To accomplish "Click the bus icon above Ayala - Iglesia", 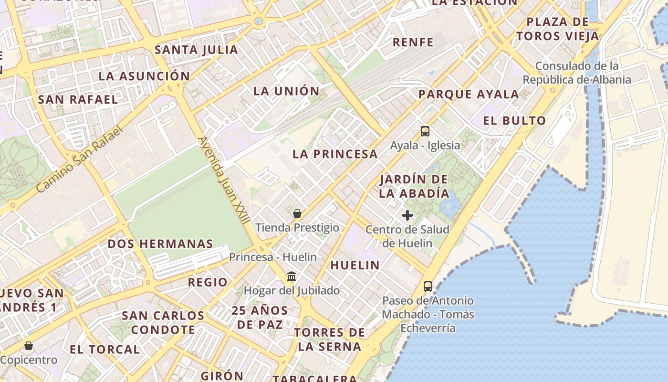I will pos(425,131).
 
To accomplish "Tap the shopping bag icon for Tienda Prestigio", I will pos(297,213).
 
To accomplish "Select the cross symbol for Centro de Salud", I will pos(407,215).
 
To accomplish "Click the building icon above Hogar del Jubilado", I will pos(292,276).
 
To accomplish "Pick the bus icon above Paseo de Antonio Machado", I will pos(428,286).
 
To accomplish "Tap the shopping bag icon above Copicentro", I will pos(29,345).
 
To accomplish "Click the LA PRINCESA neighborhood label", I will pos(335,154).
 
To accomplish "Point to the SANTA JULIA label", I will pos(196,50).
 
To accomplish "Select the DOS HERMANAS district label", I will pos(160,244).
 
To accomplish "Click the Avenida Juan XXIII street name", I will pos(224,180).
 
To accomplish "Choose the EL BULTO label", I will pos(514,120).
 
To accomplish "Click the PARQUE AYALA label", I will pos(469,94).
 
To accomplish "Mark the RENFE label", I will pos(413,42).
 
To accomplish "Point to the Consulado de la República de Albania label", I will pos(577,73).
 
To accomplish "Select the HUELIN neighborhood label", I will pos(355,265).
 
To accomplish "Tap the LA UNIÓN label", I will pos(286,91).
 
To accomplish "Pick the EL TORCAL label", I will pos(105,349).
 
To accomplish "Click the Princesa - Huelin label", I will pos(272,257).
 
